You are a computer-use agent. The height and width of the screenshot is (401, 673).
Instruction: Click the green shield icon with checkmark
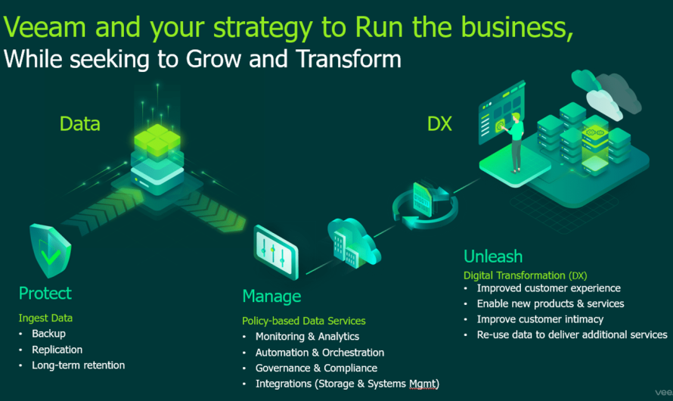(x=50, y=250)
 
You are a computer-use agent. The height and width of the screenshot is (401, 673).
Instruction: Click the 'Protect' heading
(x=45, y=294)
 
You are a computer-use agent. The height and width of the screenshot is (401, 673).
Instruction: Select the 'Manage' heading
(x=271, y=296)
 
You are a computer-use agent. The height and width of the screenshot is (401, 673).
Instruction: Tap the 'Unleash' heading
(x=492, y=256)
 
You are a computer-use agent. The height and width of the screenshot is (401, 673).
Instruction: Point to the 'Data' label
(x=80, y=123)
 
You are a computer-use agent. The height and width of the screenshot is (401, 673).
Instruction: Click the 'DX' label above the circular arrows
(x=439, y=123)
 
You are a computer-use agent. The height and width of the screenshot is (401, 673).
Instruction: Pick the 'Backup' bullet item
(x=48, y=334)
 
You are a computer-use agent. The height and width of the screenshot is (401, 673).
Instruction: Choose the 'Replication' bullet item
(x=57, y=350)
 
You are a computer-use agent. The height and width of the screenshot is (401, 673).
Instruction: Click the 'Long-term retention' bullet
(x=78, y=365)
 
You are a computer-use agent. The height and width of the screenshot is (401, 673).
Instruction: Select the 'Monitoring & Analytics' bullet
(x=307, y=337)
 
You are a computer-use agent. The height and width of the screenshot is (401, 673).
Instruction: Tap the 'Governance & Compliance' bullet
(x=316, y=368)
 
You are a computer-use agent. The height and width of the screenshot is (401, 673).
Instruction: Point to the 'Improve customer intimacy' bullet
(x=540, y=319)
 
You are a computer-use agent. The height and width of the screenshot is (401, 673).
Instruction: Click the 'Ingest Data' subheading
(x=45, y=318)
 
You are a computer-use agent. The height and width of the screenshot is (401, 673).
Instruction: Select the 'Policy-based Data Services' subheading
(x=303, y=321)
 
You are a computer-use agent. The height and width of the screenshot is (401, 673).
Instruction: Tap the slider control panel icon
(x=275, y=247)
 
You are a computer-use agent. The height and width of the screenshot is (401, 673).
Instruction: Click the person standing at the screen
(x=516, y=140)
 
